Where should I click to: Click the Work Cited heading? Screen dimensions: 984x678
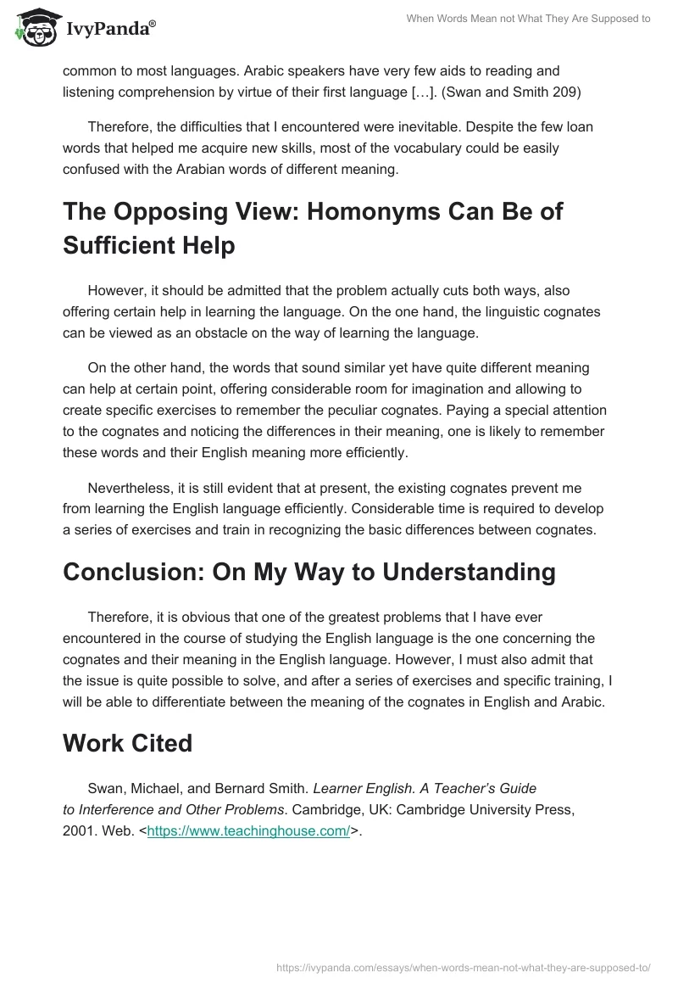point(127,743)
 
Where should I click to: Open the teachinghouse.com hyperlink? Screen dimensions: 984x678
point(248,831)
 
